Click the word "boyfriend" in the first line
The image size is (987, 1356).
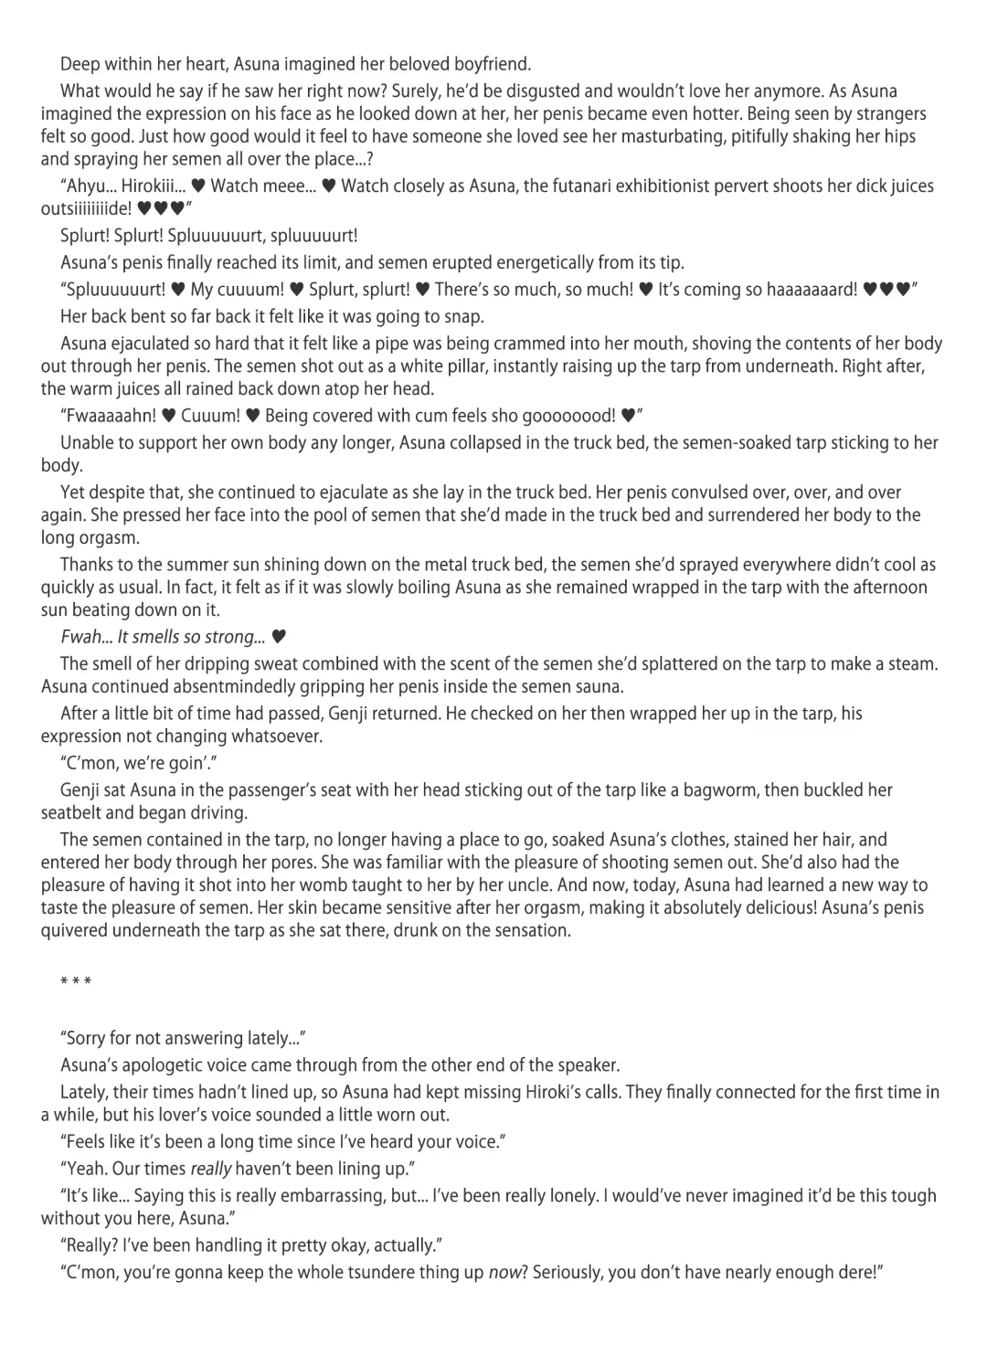coord(485,64)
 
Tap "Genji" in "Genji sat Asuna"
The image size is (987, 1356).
coord(81,790)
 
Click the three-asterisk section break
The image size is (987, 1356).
coord(75,983)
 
